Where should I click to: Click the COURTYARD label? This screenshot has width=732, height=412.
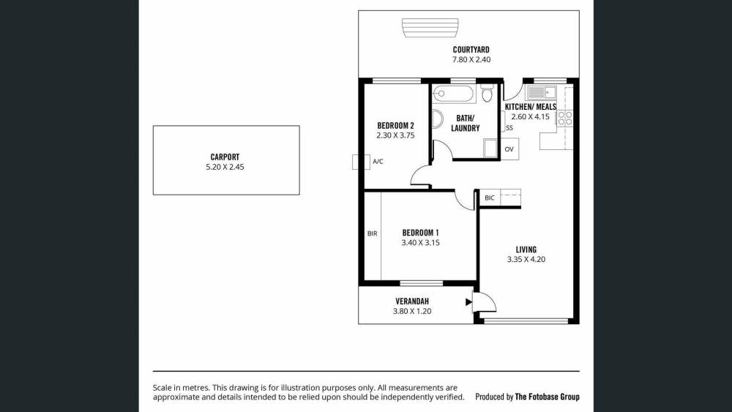[x=471, y=50]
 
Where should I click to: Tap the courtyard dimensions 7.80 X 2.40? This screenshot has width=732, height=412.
[x=471, y=60]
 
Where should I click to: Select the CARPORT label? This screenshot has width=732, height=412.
[x=225, y=157]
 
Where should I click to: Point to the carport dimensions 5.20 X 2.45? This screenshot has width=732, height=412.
[x=225, y=167]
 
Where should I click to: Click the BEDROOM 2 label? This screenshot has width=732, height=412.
[x=395, y=126]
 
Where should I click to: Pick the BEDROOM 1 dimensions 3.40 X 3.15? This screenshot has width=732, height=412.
[x=420, y=243]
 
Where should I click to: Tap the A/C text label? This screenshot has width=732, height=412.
[x=378, y=162]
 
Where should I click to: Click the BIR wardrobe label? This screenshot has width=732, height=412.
[x=372, y=233]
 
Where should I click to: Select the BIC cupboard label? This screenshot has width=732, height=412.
[x=489, y=198]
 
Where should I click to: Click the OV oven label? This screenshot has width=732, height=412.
[x=509, y=149]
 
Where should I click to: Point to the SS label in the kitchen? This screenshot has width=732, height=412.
[x=509, y=128]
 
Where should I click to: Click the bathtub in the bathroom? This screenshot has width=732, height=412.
[x=453, y=94]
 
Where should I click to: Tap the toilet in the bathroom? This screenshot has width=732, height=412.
[x=487, y=94]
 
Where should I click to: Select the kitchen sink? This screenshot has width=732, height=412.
[x=542, y=92]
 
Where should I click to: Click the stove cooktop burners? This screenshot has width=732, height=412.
[x=565, y=119]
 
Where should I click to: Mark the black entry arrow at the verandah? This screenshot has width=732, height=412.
[x=468, y=302]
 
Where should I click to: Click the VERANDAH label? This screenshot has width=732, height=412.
[x=411, y=301]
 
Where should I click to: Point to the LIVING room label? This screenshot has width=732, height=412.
[x=526, y=250]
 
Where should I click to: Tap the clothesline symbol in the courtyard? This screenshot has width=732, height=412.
[x=430, y=28]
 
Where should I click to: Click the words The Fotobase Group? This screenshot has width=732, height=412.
[x=547, y=397]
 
